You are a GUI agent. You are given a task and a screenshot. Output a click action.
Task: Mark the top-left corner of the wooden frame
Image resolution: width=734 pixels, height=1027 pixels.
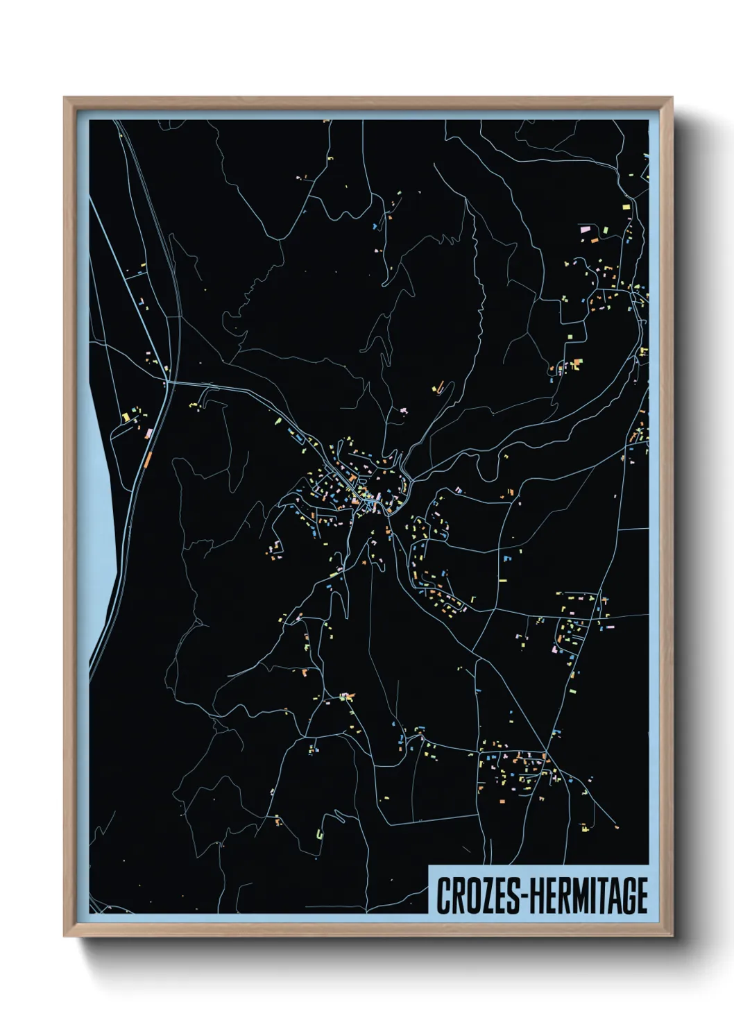click(x=65, y=99)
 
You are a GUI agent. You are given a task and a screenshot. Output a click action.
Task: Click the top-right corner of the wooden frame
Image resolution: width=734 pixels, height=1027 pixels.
click(x=672, y=99)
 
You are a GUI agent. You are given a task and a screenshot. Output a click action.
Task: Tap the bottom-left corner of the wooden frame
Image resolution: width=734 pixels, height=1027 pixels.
click(x=65, y=935)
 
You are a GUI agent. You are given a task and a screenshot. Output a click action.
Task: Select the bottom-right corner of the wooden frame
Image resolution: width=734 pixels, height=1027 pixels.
click(x=672, y=935)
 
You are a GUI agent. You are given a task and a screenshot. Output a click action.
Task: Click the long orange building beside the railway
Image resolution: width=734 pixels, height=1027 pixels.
click(x=148, y=459)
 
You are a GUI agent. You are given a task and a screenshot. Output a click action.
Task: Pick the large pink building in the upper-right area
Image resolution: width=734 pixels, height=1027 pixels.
click(x=584, y=228)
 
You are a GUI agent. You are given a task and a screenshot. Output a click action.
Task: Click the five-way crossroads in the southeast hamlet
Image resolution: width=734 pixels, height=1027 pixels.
click(x=546, y=755)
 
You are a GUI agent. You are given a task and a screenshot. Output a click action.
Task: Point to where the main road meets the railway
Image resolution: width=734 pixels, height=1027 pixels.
click(x=167, y=382)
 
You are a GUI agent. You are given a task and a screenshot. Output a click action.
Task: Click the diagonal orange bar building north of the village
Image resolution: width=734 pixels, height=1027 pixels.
click(x=436, y=387)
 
